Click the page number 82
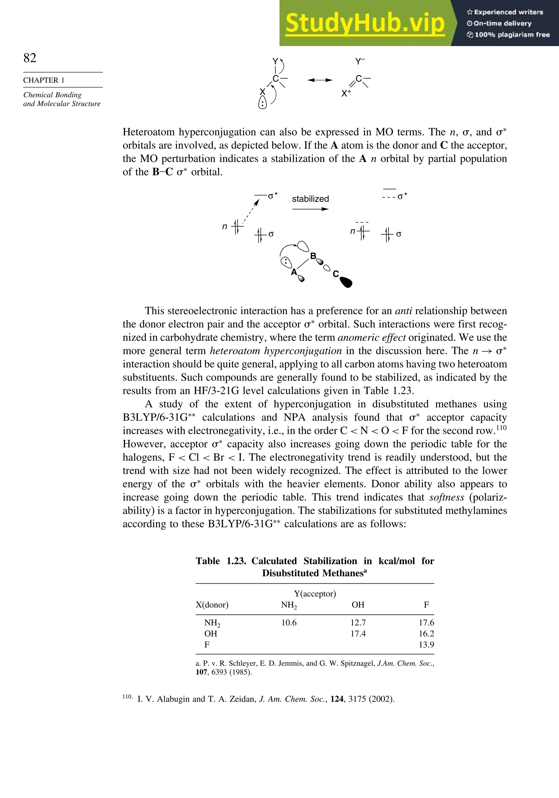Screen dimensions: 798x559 point(30,58)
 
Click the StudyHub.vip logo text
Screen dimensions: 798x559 point(365,23)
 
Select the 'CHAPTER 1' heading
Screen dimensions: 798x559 point(44,80)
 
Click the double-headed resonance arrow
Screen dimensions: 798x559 point(320,80)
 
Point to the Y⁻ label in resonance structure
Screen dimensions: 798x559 point(360,62)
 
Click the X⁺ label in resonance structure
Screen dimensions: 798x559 point(346,94)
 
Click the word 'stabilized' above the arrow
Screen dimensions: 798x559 point(310,199)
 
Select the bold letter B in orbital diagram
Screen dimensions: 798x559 point(313,256)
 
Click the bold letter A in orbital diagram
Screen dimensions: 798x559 point(294,272)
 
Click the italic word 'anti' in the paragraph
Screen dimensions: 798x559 point(403,311)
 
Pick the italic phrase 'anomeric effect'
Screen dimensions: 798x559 point(371,337)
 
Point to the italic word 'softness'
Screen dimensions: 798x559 point(447,497)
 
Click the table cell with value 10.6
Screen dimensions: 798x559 point(289,622)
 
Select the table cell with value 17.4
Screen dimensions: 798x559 point(358,634)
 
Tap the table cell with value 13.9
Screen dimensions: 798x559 point(426,645)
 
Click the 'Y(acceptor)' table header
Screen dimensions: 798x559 point(315,594)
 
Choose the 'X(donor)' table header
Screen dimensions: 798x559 point(212,605)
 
